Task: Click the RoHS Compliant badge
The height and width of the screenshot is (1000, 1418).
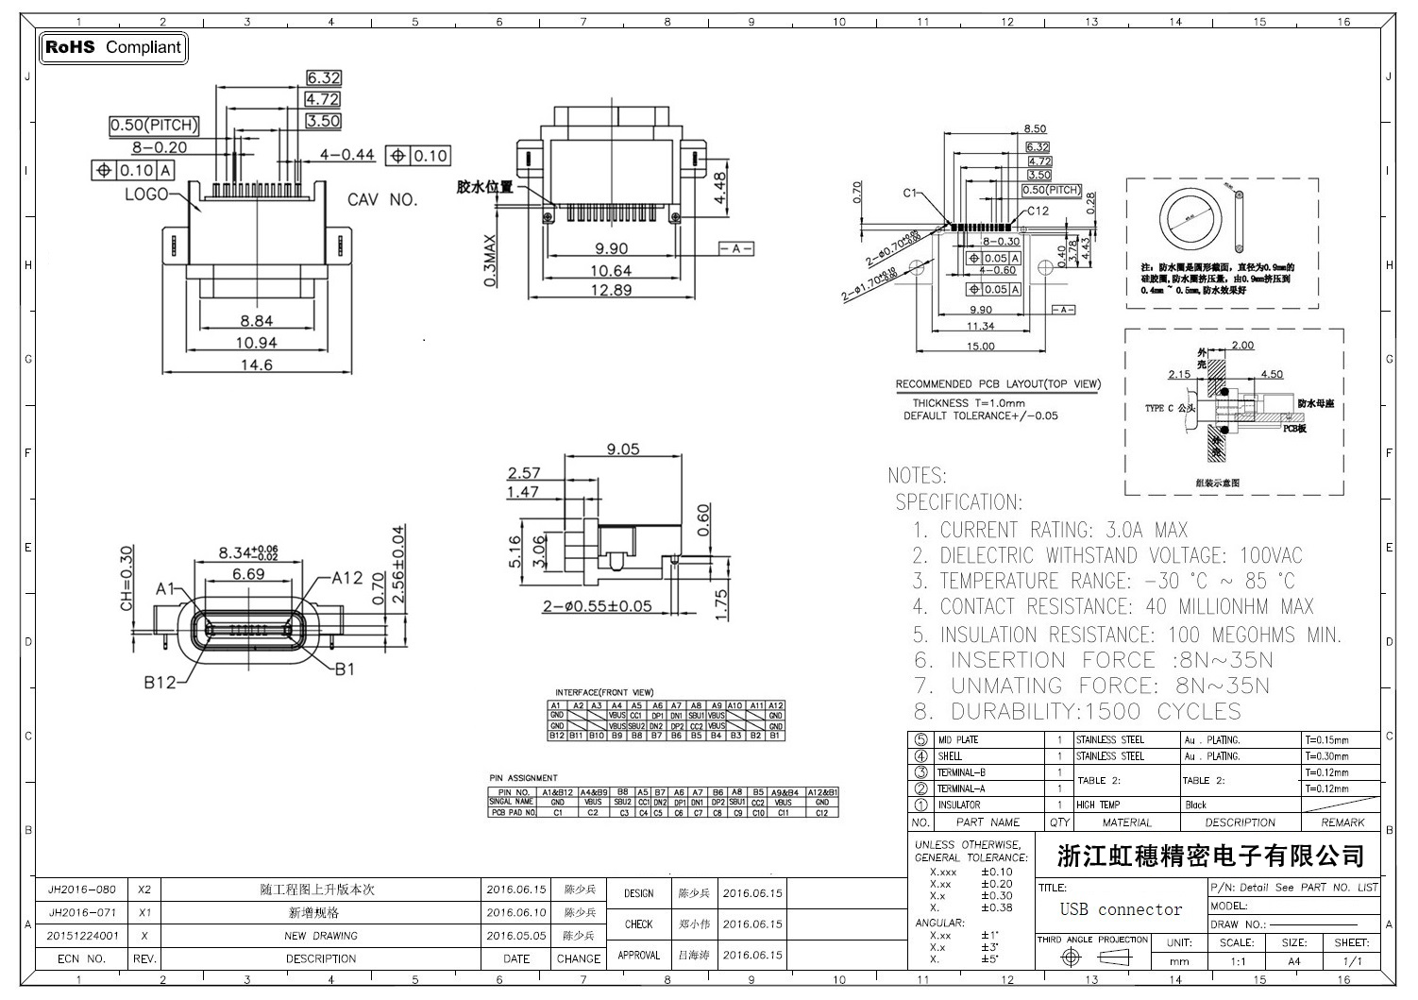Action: click(112, 47)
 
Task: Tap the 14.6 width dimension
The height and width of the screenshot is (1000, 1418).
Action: click(256, 364)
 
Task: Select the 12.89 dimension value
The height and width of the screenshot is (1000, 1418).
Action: click(610, 290)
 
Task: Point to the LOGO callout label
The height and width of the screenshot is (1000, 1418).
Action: click(146, 195)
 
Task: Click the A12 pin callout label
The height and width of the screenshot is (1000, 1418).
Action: click(346, 578)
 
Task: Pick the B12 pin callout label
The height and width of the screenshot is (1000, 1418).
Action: click(160, 682)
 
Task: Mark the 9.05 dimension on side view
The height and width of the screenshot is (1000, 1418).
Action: click(623, 449)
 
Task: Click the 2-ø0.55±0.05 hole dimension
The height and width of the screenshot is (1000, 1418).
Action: click(597, 606)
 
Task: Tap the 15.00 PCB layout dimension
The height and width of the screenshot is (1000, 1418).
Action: click(980, 347)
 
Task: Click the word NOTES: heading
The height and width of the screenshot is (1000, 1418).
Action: click(917, 476)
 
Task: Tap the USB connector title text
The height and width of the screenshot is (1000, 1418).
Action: click(1121, 909)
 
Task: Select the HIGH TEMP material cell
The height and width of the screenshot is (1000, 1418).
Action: click(1098, 805)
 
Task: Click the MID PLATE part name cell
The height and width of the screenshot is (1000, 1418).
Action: click(957, 739)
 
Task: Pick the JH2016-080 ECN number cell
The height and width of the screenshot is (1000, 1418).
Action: click(82, 890)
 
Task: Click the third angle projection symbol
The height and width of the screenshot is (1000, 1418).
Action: click(1093, 958)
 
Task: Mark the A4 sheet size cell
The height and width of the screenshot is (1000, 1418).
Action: click(1293, 961)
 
